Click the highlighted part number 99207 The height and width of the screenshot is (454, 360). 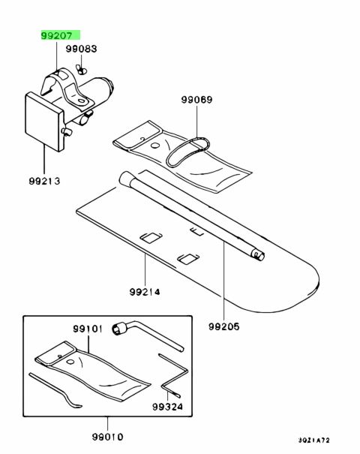[x=57, y=35]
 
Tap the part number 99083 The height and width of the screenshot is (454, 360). [x=81, y=49]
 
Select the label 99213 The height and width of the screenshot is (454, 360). [x=44, y=181]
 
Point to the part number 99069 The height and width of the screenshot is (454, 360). [x=196, y=100]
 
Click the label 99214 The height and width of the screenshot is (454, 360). [x=145, y=292]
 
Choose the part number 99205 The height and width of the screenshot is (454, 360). [x=224, y=326]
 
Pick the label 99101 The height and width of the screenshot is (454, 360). [x=88, y=329]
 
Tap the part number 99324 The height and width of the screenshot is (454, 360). [x=167, y=407]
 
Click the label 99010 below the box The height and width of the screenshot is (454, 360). [x=108, y=437]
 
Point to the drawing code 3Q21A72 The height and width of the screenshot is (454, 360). [x=314, y=440]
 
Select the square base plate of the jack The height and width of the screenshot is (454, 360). [x=44, y=122]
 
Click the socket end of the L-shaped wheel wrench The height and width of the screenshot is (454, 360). [x=119, y=329]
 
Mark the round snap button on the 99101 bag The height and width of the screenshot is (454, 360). [x=70, y=362]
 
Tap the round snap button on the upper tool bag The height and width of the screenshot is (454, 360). [x=155, y=145]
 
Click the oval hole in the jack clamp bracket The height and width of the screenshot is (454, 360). [x=82, y=101]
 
